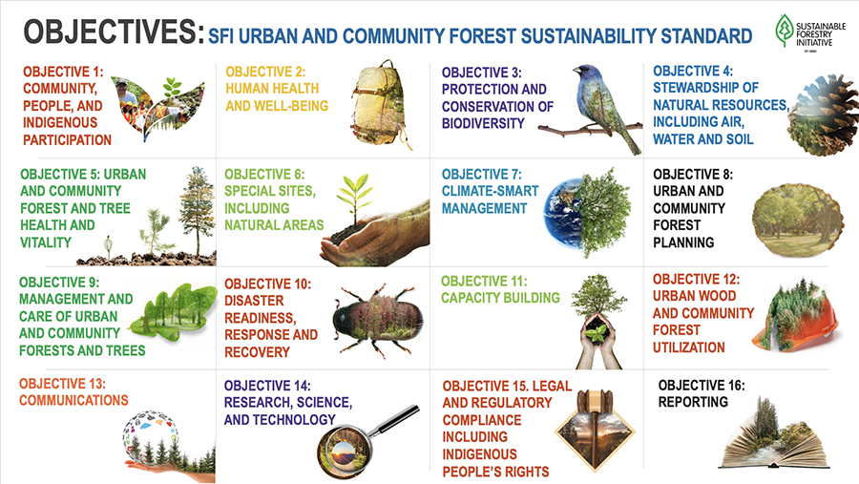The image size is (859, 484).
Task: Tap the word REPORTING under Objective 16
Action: click(693, 402)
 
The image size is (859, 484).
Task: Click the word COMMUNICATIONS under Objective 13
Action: click(73, 400)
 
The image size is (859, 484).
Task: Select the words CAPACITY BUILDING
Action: click(500, 298)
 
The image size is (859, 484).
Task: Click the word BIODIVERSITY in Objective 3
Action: click(483, 123)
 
